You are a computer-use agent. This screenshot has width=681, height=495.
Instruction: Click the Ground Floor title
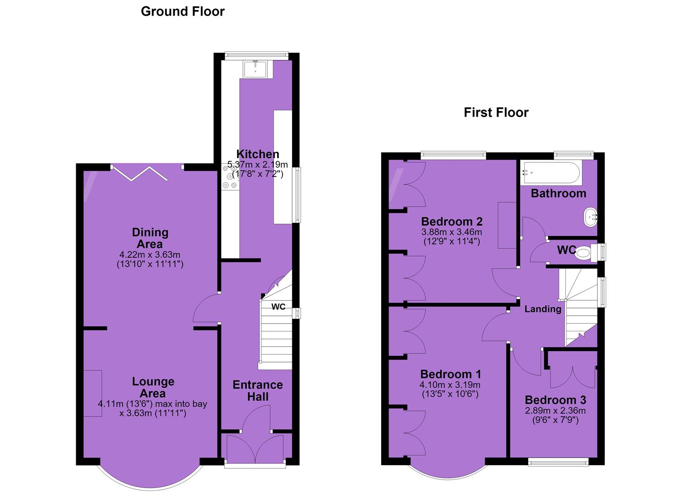[183, 12]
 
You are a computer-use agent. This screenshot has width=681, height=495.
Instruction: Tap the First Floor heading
[496, 113]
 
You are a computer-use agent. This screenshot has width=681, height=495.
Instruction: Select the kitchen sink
[255, 69]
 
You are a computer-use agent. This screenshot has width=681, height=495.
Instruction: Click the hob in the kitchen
[230, 177]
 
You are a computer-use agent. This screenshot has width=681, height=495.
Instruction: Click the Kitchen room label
[258, 154]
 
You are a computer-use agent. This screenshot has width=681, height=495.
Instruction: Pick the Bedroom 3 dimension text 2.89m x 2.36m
[555, 411]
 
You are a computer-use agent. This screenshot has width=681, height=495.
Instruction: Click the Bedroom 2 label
[452, 221]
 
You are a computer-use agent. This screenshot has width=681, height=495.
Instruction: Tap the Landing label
[543, 309]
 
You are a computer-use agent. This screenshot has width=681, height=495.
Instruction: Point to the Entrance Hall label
[258, 391]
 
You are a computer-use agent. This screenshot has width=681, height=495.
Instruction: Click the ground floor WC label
[278, 307]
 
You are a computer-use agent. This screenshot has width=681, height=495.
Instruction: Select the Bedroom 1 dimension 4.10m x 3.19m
[450, 385]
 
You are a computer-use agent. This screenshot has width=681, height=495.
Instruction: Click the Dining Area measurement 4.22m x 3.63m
[150, 254]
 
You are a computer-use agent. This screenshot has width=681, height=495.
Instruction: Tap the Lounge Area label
[153, 387]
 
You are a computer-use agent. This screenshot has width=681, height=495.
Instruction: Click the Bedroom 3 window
[558, 462]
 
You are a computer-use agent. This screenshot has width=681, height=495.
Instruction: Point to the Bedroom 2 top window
[453, 155]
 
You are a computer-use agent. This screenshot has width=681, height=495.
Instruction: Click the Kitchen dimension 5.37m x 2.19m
[258, 165]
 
